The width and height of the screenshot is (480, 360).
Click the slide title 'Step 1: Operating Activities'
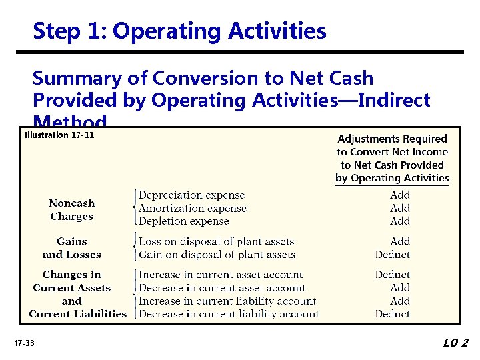tap(179, 31)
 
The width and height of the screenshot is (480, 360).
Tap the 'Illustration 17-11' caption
tap(59, 135)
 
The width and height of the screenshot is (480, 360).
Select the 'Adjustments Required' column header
tap(392, 139)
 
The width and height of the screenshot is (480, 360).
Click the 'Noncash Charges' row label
tap(71, 210)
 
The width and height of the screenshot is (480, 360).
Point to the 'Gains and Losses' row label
tap(71, 248)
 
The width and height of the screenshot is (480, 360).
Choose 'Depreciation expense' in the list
tap(191, 195)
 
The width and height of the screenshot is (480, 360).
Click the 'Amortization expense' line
tap(192, 208)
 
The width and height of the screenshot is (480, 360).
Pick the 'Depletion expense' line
tap(183, 221)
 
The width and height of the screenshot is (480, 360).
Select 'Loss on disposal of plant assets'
tap(216, 241)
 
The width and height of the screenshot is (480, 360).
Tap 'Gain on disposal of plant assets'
tap(217, 255)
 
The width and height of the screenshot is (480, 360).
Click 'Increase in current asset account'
tap(220, 275)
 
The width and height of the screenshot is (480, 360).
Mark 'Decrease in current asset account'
tap(222, 288)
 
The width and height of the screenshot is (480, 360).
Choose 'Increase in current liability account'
tap(227, 301)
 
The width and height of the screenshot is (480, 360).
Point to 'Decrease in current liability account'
tap(229, 314)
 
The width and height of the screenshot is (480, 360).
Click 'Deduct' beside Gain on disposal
tap(392, 255)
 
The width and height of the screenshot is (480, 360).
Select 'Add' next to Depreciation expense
tap(400, 195)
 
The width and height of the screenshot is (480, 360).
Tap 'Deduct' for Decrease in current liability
tap(392, 314)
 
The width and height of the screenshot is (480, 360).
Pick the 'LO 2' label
tap(455, 343)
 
